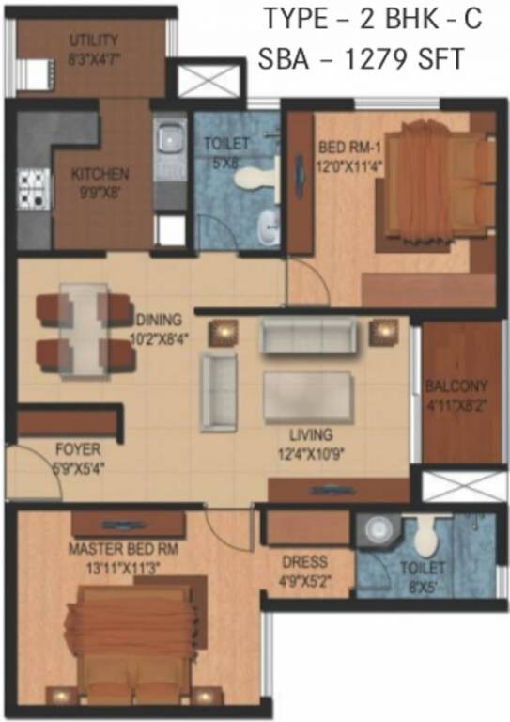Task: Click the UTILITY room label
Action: tap(93, 40)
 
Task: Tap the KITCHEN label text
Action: tap(99, 174)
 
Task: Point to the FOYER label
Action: tap(76, 449)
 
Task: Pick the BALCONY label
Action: tap(456, 386)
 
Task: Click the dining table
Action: tap(84, 331)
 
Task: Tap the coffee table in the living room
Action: tap(306, 397)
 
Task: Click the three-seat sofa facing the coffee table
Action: tap(309, 336)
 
